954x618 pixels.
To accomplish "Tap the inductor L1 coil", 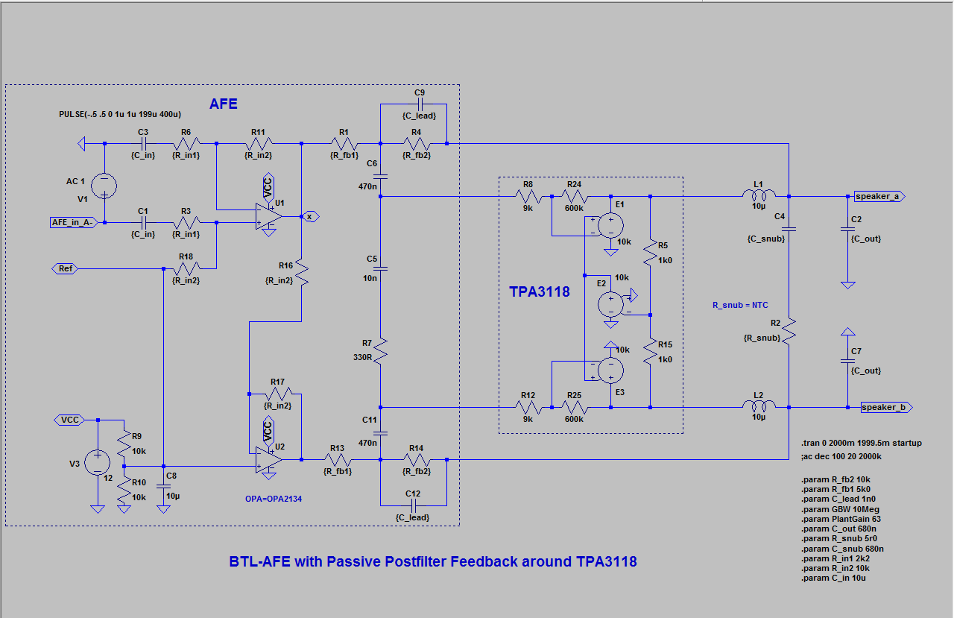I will point(759,196).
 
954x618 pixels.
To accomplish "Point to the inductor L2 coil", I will point(759,406).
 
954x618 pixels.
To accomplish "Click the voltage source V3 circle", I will point(97,463).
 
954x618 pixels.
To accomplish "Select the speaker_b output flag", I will point(885,407).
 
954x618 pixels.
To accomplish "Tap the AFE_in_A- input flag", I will point(73,222).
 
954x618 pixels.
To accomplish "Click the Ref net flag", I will point(65,268).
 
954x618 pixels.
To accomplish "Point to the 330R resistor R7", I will point(380,350).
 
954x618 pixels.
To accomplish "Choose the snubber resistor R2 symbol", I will point(789,328).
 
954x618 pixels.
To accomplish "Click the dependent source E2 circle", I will point(611,303).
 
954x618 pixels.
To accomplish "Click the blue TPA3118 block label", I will point(539,292).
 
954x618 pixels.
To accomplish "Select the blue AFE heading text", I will point(223,104).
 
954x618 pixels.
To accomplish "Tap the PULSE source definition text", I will point(119,114).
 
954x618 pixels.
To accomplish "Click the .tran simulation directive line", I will point(861,443).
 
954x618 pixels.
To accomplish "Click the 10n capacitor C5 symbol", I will point(380,267).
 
